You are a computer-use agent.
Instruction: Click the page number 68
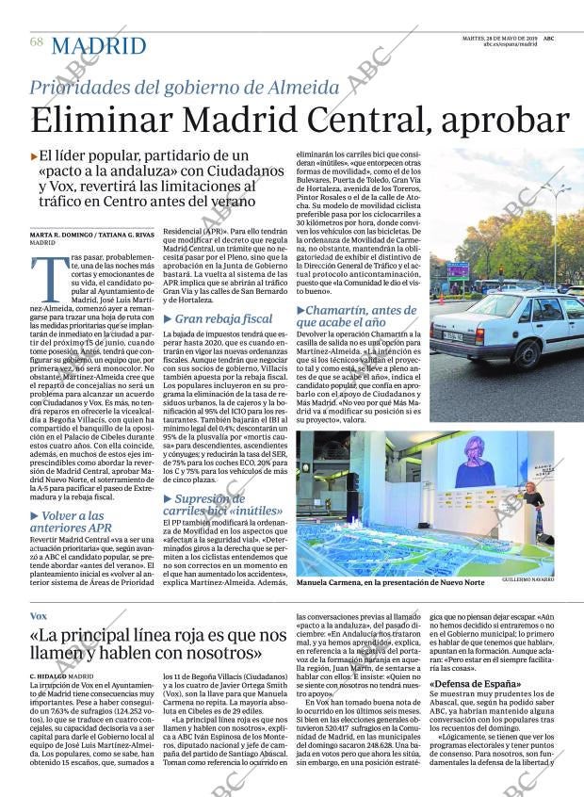tap(37, 42)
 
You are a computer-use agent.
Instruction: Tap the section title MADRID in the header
tap(98, 45)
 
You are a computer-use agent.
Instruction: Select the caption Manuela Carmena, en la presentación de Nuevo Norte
tap(390, 582)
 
